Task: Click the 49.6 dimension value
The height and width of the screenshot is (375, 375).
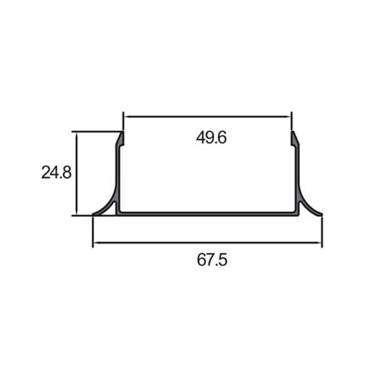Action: click(211, 137)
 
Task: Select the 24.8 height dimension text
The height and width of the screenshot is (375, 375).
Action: click(56, 172)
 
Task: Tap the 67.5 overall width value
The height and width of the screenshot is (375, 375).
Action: click(212, 260)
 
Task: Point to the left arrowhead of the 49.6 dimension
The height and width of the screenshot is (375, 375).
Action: click(127, 117)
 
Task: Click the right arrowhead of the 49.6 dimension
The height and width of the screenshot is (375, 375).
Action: click(287, 117)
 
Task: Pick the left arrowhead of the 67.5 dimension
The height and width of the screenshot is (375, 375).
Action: click(96, 242)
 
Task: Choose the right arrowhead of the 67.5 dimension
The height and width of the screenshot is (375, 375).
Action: click(318, 242)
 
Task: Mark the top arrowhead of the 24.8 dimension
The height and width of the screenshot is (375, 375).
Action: click(76, 135)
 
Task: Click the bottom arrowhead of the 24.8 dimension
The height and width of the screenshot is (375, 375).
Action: click(76, 212)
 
